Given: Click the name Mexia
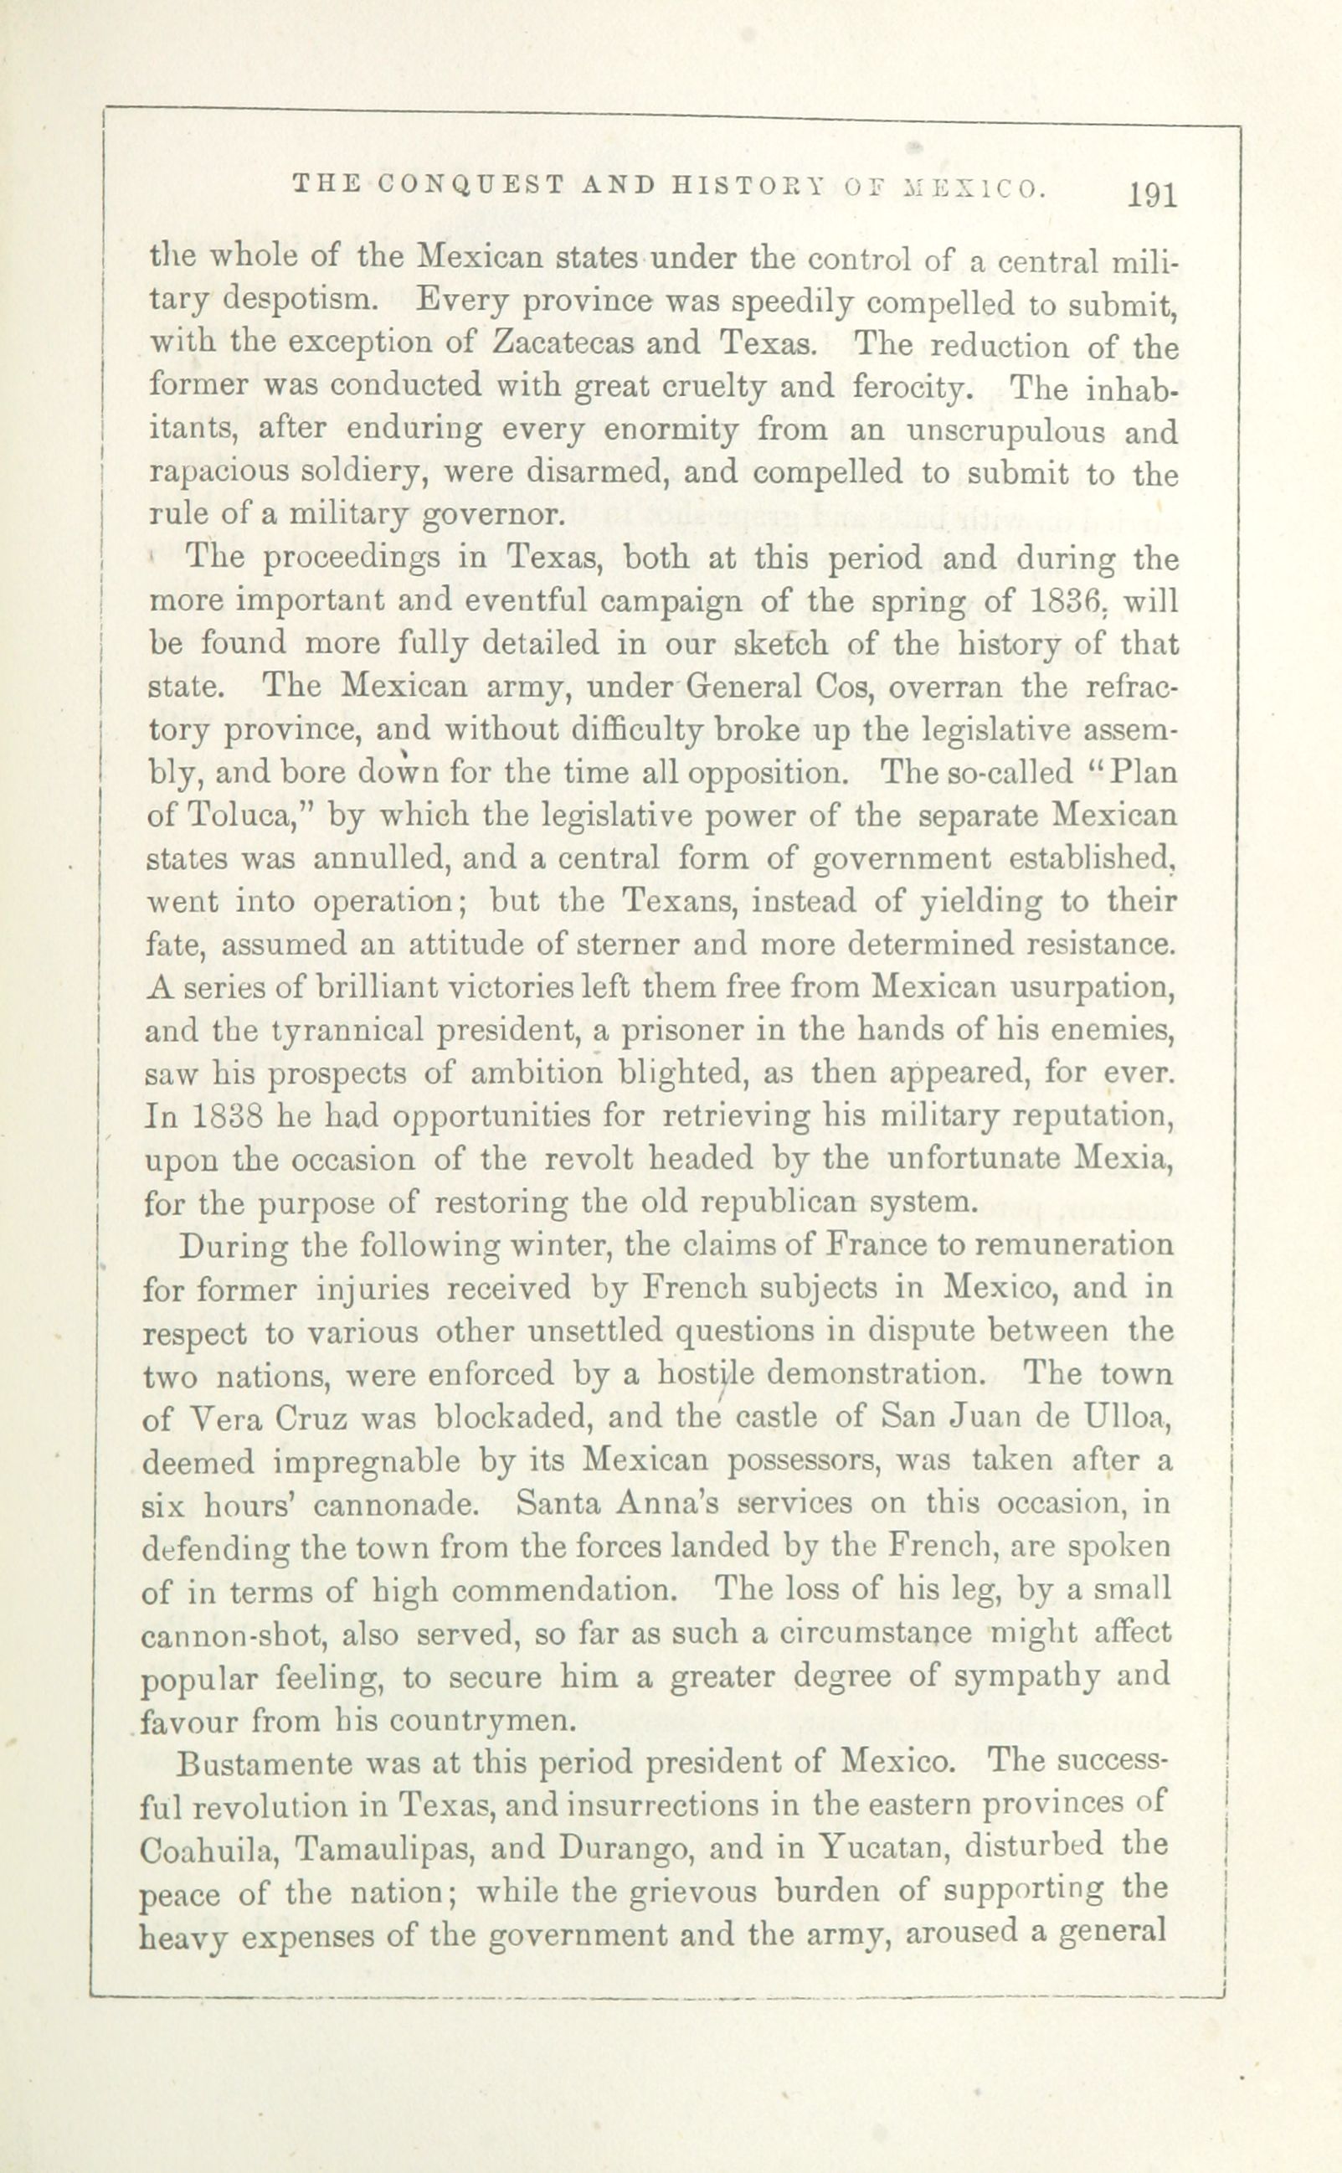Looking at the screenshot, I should coord(1123,1158).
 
